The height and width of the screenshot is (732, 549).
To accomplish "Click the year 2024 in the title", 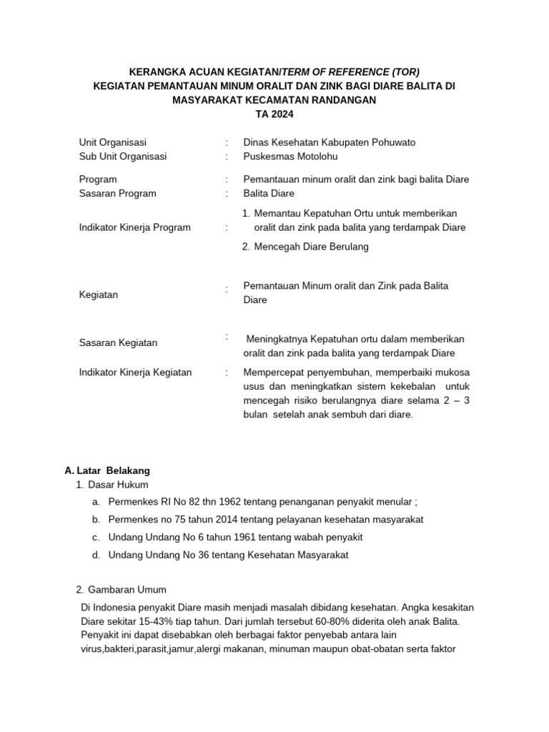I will coord(282,114).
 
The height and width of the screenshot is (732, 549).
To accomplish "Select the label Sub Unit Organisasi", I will coord(122,156).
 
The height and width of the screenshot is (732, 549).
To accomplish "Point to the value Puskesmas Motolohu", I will coord(290,156).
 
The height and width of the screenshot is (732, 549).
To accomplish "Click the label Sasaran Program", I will coord(117,193).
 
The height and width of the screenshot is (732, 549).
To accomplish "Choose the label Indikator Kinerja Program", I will coord(134,227).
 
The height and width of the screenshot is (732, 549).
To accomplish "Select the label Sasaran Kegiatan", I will coord(118,342).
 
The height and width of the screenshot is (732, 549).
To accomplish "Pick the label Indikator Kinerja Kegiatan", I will coord(135,372).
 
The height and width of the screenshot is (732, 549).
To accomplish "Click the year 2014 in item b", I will coord(209,519).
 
